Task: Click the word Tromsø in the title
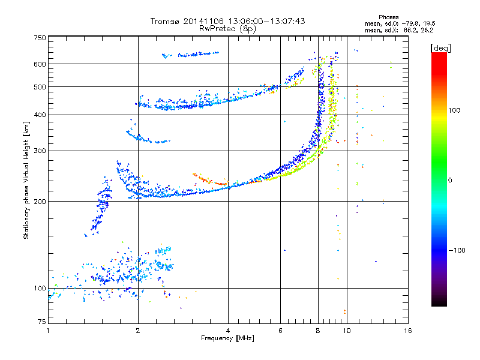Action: [x=164, y=21]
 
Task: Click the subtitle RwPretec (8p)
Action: [x=227, y=29]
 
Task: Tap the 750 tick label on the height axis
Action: [x=40, y=38]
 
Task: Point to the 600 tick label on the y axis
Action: [x=40, y=64]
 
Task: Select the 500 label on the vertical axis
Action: [x=40, y=86]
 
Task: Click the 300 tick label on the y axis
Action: [x=40, y=151]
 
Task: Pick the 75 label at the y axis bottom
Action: [x=42, y=322]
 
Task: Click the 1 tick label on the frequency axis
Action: [x=48, y=331]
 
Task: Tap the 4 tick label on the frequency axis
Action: [x=228, y=331]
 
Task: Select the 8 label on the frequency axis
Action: [x=318, y=331]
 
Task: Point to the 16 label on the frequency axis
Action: [x=408, y=331]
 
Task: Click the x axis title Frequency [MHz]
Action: [x=227, y=338]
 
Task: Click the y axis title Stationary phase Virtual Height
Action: [x=26, y=181]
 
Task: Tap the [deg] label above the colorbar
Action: [x=440, y=48]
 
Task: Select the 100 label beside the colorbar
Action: [x=454, y=110]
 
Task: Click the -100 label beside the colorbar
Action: [x=457, y=250]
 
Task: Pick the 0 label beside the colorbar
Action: [x=450, y=181]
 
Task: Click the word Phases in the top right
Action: [x=388, y=17]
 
